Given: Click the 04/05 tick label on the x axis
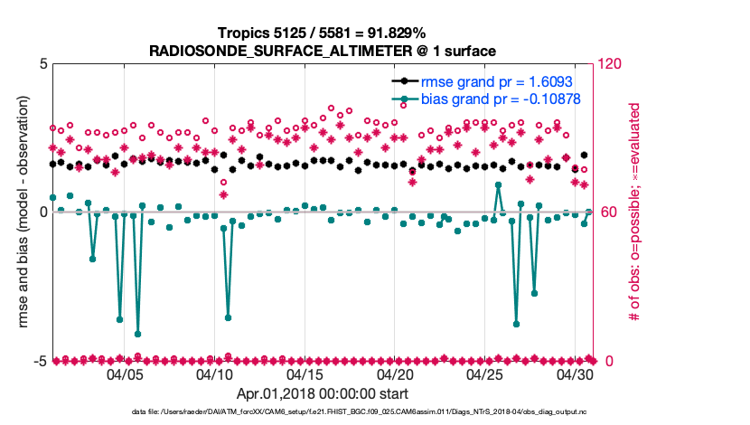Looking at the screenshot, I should [x=125, y=373].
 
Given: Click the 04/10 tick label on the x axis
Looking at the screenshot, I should [x=215, y=373].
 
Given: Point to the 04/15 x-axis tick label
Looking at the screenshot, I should [x=305, y=373].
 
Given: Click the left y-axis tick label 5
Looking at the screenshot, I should [x=43, y=64].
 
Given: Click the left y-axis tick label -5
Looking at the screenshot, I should [x=41, y=361].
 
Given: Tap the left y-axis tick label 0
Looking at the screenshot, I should [x=43, y=212].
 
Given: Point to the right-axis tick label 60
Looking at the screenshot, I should [x=606, y=212].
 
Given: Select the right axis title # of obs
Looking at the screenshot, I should [x=636, y=212].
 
